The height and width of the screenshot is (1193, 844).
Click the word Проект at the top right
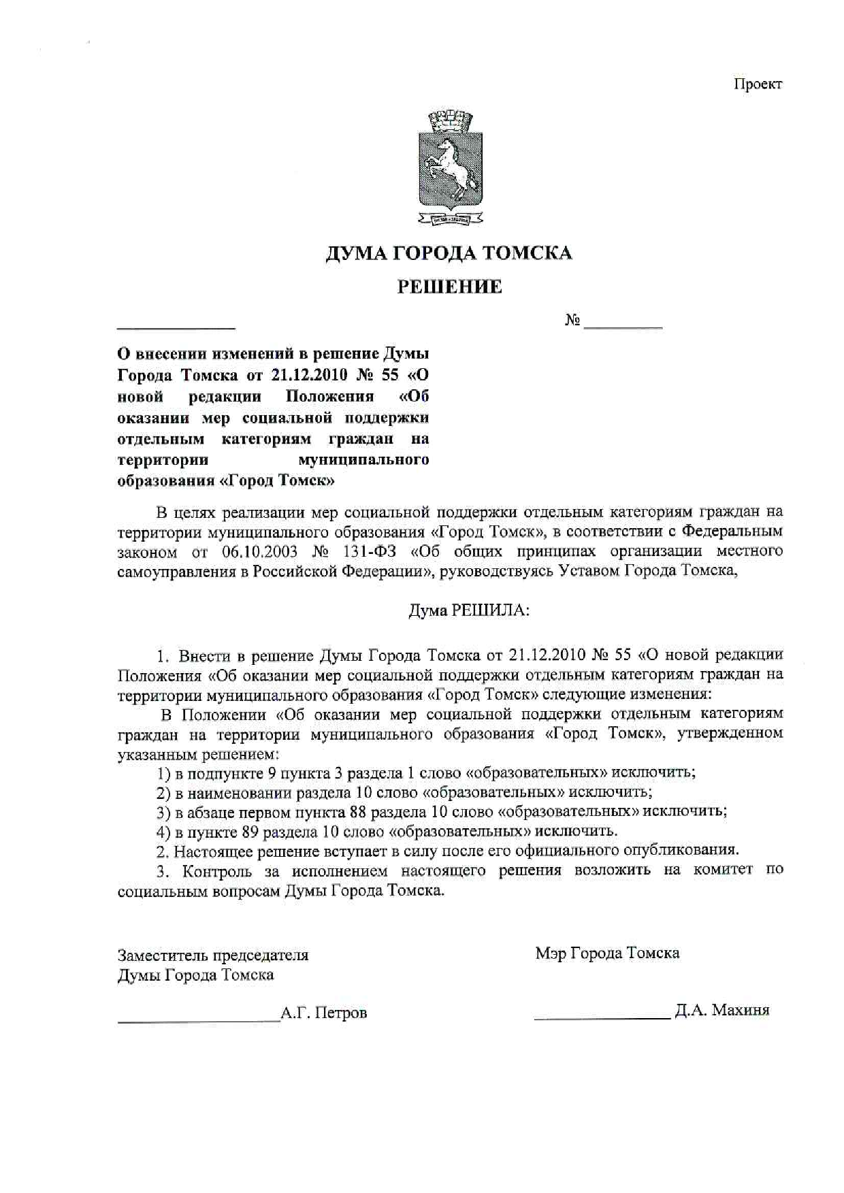[758, 84]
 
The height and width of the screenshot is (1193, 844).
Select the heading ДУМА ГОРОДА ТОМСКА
[449, 253]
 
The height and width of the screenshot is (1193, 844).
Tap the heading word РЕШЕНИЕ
[449, 287]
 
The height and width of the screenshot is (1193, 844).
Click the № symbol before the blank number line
[572, 321]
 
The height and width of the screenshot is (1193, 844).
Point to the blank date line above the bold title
[176, 327]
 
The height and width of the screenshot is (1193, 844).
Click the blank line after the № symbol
[623, 327]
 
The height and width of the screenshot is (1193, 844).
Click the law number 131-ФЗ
[374, 551]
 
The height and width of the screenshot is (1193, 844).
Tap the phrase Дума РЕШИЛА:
[468, 610]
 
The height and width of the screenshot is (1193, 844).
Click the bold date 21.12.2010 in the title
[309, 375]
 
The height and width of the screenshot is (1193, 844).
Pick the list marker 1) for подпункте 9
[163, 773]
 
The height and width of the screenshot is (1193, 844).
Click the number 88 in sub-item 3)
[359, 812]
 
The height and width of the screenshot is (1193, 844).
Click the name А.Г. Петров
[324, 1013]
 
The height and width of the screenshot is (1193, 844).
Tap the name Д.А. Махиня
[722, 1010]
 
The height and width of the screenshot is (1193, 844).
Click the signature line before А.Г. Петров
[199, 1019]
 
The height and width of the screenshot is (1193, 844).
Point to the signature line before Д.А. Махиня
[602, 1017]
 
